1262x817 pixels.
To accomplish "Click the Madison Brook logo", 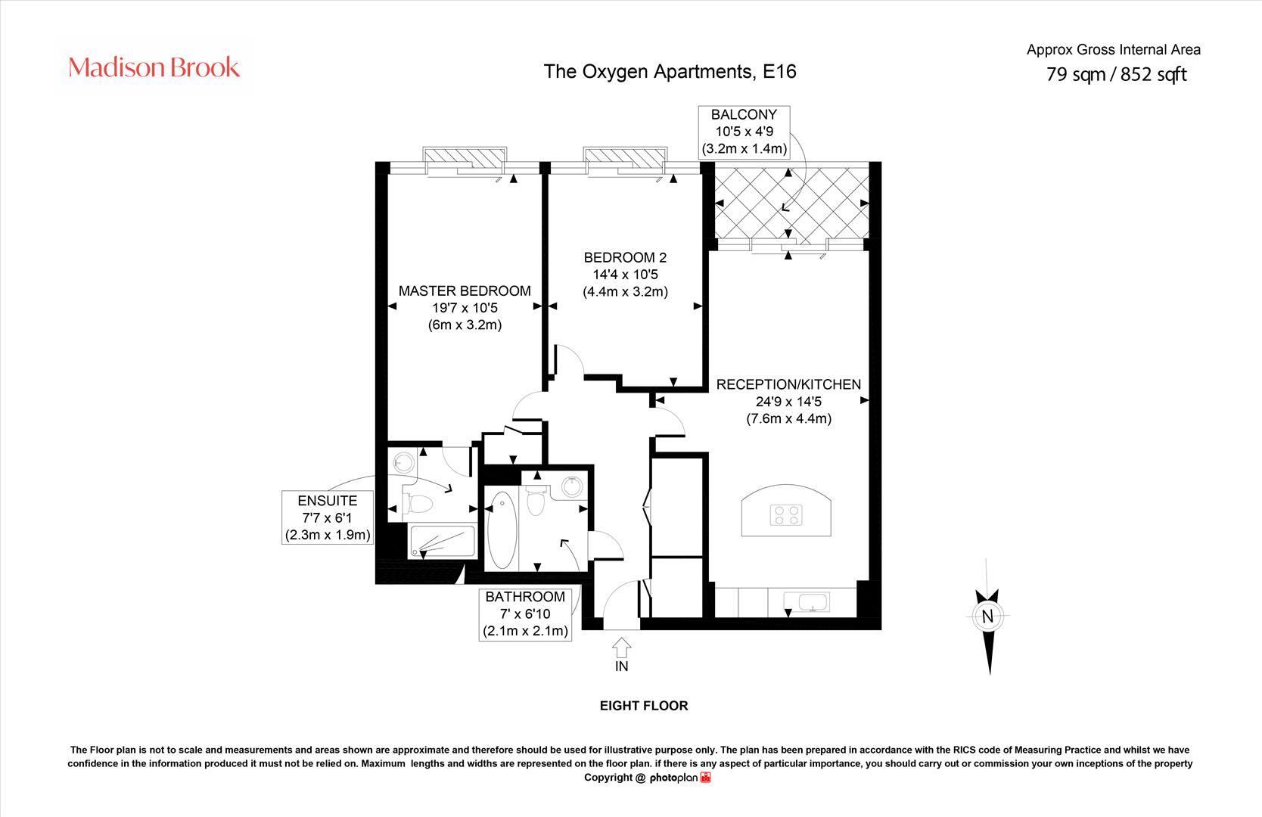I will point(154,67).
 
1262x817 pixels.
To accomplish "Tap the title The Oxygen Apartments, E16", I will point(670,71).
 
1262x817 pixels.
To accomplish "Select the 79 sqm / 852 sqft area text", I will point(1116,74).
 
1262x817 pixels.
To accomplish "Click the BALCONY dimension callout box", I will point(743,132).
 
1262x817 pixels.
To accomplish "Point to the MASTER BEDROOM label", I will point(465,290).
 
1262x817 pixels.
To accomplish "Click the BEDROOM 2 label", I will point(625,258).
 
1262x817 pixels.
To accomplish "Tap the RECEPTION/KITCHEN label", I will point(788,384).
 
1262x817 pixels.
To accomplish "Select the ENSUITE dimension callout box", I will point(327,517).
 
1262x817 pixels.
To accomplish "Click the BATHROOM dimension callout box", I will point(526,614).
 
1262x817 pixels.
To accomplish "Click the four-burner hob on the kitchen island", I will point(786,515).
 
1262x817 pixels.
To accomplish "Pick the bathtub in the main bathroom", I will point(501,530).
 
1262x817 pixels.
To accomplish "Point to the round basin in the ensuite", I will point(403,461).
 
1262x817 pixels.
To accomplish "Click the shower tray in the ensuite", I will point(441,542).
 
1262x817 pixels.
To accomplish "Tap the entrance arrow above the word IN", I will point(621,648).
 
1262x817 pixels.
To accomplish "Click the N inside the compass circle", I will point(987,617).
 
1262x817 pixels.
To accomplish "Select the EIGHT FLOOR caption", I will point(644,706).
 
